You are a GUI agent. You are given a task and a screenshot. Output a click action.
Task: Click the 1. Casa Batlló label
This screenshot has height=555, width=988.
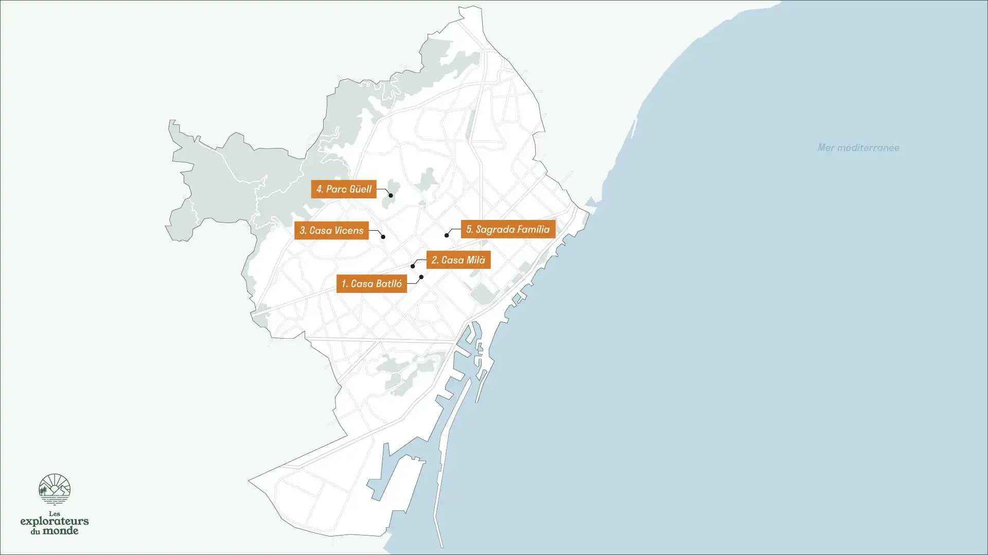[371, 284]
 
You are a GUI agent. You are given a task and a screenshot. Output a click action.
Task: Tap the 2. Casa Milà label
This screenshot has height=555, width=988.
[458, 260]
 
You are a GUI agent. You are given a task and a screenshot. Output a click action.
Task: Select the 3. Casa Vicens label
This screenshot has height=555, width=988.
[331, 231]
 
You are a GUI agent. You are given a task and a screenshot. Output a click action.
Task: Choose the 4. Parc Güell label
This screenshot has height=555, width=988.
[344, 189]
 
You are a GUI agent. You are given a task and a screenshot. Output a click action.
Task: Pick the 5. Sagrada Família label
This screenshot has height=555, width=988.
[508, 229]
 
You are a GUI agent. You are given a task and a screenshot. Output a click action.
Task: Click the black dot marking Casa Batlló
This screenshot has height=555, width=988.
[421, 277]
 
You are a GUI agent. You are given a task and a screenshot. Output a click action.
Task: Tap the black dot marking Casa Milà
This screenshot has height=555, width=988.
[413, 266]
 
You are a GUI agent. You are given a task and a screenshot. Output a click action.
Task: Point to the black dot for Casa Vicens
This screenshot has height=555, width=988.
[383, 237]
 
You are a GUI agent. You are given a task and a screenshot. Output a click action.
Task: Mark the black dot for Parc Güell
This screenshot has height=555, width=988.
[391, 196]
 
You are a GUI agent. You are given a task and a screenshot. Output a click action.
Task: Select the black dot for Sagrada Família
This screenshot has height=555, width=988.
[447, 235]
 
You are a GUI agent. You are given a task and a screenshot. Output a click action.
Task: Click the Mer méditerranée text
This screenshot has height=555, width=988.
[858, 148]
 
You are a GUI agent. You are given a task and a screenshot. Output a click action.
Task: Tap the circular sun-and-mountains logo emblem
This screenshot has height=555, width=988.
[55, 489]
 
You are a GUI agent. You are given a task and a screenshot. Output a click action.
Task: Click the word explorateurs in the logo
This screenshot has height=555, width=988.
[55, 522]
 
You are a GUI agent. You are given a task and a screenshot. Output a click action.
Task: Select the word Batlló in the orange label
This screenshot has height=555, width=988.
[384, 284]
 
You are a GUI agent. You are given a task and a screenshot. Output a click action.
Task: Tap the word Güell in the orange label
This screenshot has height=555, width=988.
[360, 189]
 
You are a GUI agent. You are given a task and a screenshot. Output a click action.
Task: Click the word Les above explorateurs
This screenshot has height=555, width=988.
[54, 513]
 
